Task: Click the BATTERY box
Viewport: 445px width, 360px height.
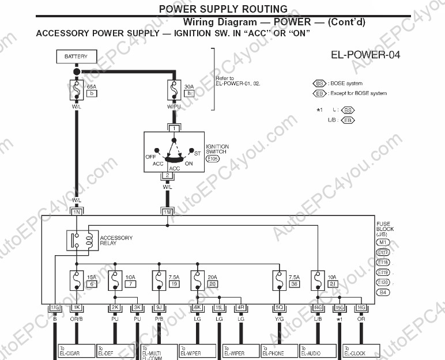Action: point(76,57)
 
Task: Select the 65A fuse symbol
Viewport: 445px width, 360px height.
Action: point(76,90)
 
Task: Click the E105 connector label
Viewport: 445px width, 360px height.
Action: point(212,157)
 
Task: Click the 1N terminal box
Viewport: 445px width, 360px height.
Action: point(76,212)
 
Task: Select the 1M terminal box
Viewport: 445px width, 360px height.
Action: point(167,212)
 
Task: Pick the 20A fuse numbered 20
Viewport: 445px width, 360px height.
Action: point(198,281)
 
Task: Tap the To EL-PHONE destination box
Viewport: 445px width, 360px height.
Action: point(279,351)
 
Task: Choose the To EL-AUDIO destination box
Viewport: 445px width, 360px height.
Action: point(318,351)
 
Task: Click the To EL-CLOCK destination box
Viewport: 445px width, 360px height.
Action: point(361,351)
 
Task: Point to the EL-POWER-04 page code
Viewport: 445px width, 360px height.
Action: point(365,56)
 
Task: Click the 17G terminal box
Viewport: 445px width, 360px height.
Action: point(55,308)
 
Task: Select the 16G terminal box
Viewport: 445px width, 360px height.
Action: point(361,308)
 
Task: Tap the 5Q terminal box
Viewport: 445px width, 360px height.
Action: point(280,308)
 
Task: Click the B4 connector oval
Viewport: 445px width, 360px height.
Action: point(383,293)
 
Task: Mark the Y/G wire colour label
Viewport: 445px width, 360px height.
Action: point(280,318)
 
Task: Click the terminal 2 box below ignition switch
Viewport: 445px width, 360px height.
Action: point(167,175)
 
